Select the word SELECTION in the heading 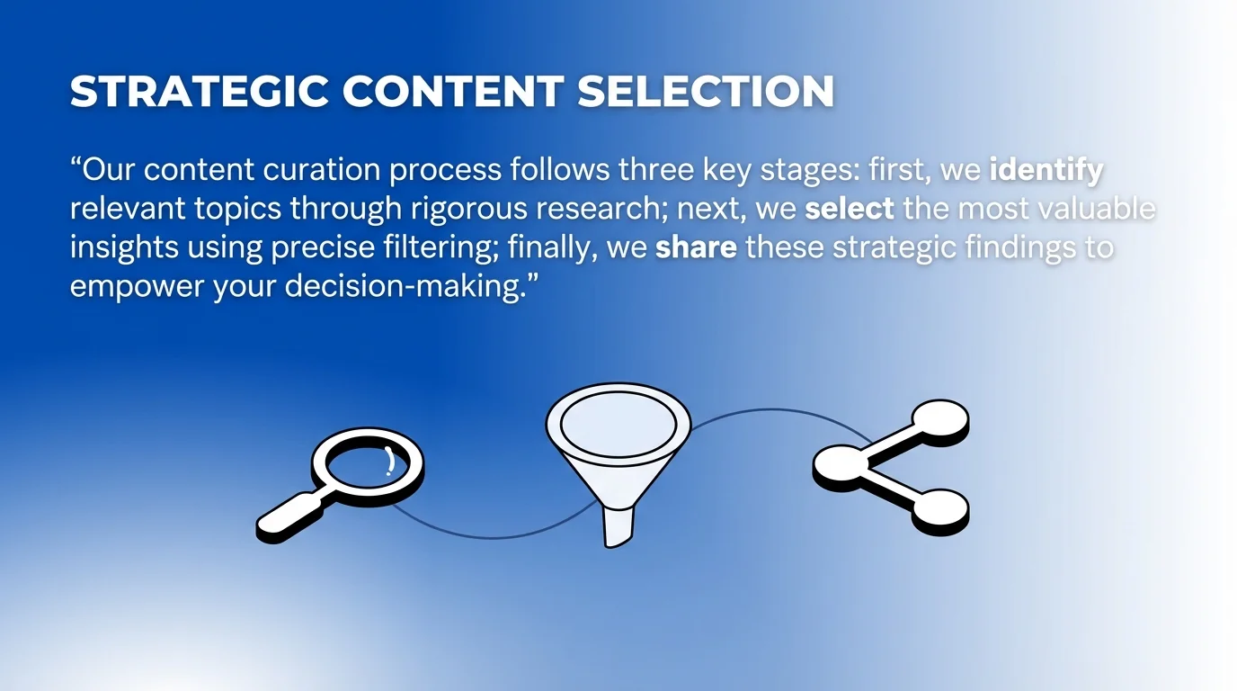[x=706, y=92]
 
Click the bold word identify [x=1046, y=169]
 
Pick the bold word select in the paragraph [x=849, y=209]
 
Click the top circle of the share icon [x=939, y=418]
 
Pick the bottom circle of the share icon [x=939, y=508]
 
